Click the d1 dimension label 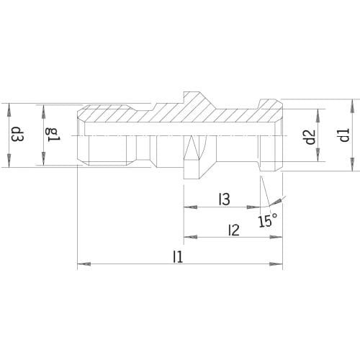coord(345,135)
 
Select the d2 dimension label coord(310,137)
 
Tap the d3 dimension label coord(18,134)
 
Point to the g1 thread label coord(53,135)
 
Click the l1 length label coord(178,256)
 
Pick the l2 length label coord(234,230)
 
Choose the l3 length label coord(225,199)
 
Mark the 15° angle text coord(268,220)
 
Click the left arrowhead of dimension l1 coord(84,264)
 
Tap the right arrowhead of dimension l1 coord(276,264)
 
